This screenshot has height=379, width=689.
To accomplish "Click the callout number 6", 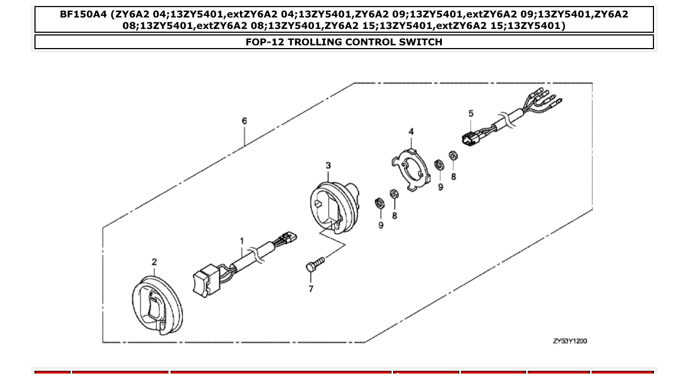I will (244, 121).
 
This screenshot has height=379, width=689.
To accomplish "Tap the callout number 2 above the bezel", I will (154, 262).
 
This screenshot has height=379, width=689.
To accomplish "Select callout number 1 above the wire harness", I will (242, 241).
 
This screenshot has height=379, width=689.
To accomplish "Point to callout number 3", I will (328, 165).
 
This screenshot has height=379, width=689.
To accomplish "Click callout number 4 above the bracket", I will (411, 131).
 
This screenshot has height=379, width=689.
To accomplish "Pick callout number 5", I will (471, 114).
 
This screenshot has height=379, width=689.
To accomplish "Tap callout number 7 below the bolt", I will (311, 288).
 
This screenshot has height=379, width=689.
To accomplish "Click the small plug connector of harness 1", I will (288, 239).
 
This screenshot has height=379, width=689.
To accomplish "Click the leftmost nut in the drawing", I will (378, 204).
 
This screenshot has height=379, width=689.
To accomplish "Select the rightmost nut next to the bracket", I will (453, 157).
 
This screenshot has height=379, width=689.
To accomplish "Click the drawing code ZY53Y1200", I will (569, 341).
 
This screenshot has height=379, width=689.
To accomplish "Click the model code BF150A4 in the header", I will (83, 15).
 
